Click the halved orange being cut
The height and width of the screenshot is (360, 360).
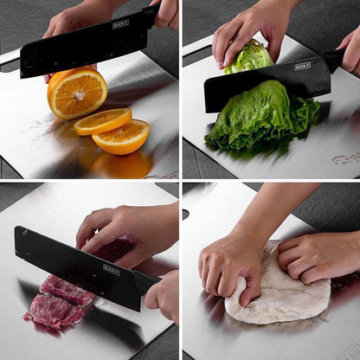coord(77,92)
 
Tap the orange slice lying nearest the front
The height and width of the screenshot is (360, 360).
coord(121,137)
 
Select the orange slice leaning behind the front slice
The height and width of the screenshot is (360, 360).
coord(101,121)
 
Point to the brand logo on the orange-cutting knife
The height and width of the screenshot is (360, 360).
coord(120,23)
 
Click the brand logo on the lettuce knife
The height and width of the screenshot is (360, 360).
coord(302,66)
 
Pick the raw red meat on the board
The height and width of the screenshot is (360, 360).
coord(58,300)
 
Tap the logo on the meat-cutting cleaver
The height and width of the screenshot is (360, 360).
coord(111,269)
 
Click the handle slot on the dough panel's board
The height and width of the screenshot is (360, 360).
coord(185,214)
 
